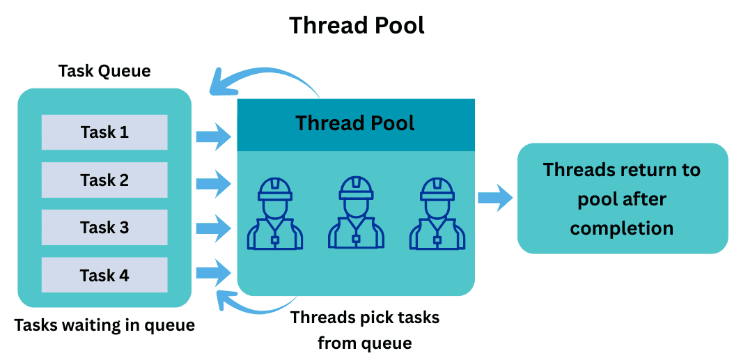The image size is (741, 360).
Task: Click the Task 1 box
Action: pos(104,132)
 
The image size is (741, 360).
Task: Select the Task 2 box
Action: pos(104,180)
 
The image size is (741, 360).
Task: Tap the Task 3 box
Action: pos(104,228)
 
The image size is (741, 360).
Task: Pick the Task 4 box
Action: pos(104,275)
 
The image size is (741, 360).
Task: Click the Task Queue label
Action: pos(104,71)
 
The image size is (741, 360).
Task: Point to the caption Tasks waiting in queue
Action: pos(104,325)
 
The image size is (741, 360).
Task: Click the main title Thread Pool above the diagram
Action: pos(357,26)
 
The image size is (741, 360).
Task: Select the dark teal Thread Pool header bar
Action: pos(356,125)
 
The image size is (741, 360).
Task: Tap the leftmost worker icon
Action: pos(274,213)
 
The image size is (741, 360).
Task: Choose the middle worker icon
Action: pos(356,213)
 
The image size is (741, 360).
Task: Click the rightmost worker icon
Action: pos(437,213)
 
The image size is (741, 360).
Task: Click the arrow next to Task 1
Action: pos(213,136)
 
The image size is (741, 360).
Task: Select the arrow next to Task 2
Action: pos(213,184)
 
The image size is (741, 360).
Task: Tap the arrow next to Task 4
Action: pos(213,272)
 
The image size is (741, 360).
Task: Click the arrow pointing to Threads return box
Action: pos(495,198)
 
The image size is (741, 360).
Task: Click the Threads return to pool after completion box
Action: pos(622,198)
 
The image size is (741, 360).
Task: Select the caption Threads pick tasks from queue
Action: pos(365,330)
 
